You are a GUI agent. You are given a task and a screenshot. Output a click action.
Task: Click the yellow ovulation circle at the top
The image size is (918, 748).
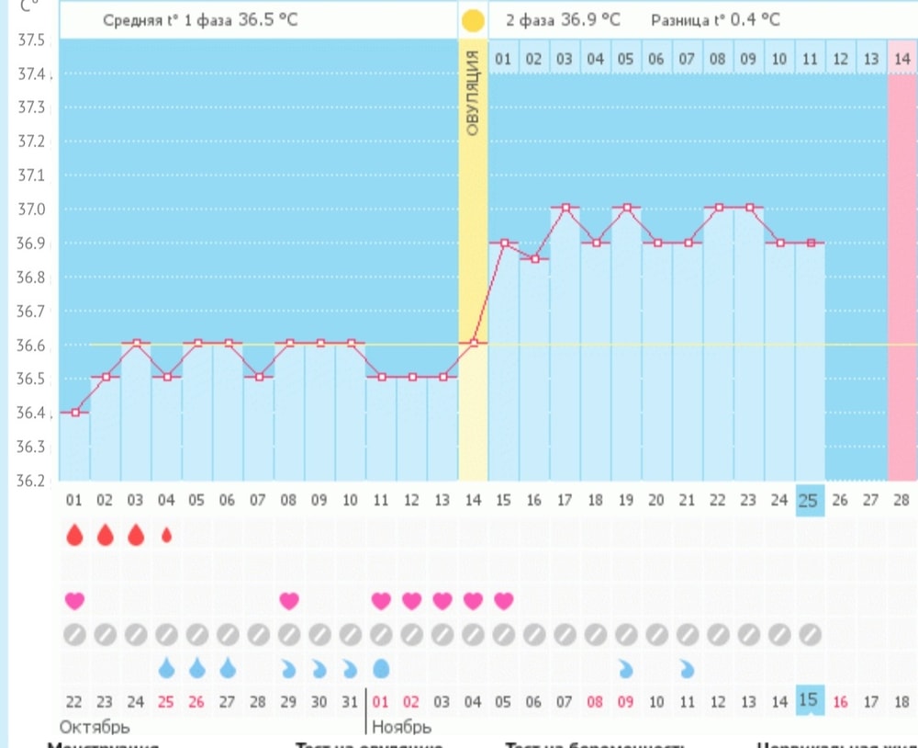(x=473, y=19)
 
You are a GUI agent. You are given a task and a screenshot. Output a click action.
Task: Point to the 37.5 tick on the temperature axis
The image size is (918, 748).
(x=32, y=40)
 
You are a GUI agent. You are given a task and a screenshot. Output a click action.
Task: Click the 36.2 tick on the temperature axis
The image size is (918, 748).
(x=32, y=480)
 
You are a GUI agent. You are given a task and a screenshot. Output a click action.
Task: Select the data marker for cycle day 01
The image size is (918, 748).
(x=75, y=412)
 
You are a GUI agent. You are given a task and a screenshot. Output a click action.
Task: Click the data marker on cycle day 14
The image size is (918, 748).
(x=473, y=343)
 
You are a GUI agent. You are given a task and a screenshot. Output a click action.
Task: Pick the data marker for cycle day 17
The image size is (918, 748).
(x=565, y=208)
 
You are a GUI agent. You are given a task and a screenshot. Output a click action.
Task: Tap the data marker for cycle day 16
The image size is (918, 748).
(x=534, y=259)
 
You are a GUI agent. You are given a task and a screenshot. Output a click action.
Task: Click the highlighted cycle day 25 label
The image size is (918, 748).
(x=809, y=500)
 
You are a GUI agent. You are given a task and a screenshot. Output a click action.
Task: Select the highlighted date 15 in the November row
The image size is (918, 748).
(x=809, y=700)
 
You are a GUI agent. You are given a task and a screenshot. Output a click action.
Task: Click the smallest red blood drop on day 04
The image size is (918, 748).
(x=166, y=534)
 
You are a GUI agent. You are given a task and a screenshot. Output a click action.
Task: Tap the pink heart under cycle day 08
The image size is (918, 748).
(x=289, y=601)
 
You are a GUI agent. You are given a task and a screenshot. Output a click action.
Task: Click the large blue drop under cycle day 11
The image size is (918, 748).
(x=381, y=667)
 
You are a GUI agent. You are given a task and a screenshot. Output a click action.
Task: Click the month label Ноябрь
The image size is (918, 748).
(x=401, y=727)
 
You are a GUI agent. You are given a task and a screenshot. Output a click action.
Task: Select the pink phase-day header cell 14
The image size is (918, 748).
(x=902, y=60)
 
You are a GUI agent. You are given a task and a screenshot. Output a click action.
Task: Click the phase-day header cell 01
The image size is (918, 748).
(x=503, y=60)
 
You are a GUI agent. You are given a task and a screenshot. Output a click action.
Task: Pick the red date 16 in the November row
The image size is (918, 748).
(x=840, y=701)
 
